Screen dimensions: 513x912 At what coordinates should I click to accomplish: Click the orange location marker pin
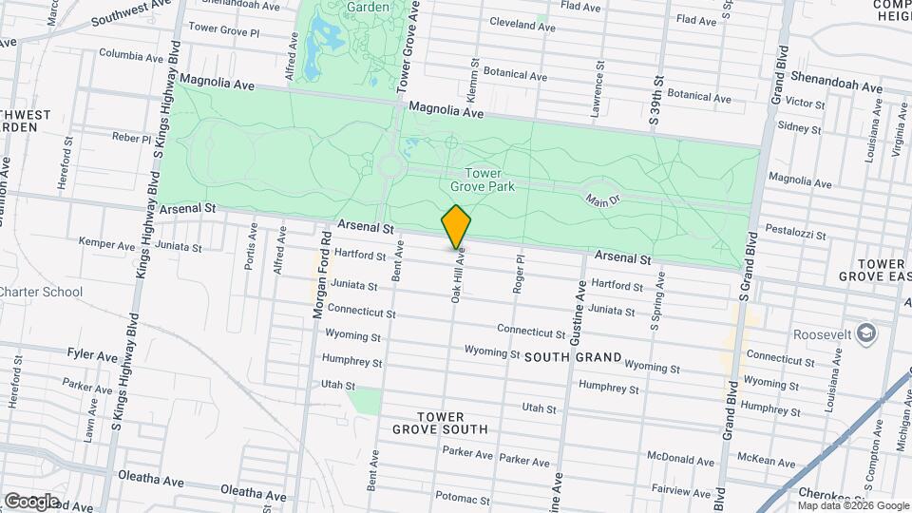click(456, 226)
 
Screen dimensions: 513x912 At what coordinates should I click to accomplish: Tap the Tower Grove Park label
click(489, 180)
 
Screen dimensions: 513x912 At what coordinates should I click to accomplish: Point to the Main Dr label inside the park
click(601, 200)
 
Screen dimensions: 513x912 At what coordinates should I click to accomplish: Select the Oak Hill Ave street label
click(457, 277)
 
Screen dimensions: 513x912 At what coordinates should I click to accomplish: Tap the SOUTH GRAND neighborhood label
click(572, 357)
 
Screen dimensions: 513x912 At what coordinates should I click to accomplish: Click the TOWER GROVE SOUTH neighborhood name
click(440, 423)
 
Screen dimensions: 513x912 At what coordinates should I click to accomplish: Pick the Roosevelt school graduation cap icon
click(865, 333)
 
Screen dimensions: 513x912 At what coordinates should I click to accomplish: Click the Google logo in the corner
click(30, 501)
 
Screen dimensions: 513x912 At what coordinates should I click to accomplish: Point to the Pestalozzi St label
click(799, 231)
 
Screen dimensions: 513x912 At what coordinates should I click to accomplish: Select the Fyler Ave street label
click(92, 355)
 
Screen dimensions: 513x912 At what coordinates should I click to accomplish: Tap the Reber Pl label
click(132, 138)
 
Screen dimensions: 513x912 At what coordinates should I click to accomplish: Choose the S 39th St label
click(655, 100)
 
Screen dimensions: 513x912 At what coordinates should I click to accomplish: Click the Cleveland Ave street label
click(522, 26)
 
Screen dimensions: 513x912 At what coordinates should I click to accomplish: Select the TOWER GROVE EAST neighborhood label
click(873, 270)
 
